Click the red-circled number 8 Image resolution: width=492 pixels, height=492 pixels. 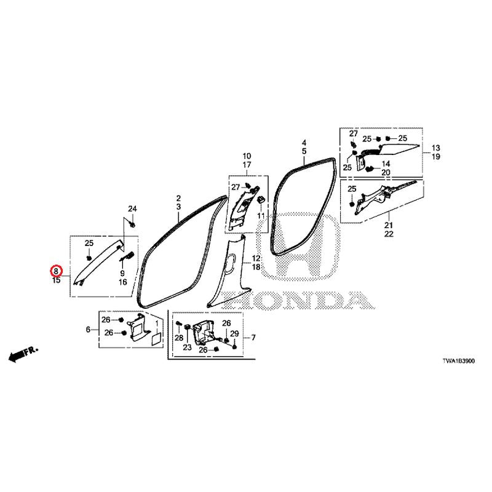(x=56, y=271)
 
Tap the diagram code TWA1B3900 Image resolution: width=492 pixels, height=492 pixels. (x=459, y=361)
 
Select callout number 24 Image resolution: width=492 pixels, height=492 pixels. (x=132, y=208)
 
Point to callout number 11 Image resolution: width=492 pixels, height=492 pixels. (x=261, y=216)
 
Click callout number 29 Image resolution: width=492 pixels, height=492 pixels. (x=234, y=334)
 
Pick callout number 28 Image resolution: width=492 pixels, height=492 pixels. (x=179, y=338)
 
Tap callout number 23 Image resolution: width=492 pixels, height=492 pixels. (x=187, y=347)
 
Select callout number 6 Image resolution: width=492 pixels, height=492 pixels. (x=88, y=330)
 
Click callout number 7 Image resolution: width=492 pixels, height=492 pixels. (x=253, y=337)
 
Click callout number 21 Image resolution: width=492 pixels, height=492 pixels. (x=389, y=225)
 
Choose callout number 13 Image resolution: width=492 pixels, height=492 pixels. (x=436, y=148)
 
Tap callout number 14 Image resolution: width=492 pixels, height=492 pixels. (x=386, y=164)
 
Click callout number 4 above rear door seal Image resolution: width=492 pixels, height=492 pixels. (x=304, y=143)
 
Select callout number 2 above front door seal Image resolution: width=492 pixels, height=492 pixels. (x=178, y=198)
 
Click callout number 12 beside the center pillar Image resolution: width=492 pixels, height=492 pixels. (x=256, y=258)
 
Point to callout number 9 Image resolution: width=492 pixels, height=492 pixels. (x=122, y=273)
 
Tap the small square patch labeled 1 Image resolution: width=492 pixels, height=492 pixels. (x=156, y=339)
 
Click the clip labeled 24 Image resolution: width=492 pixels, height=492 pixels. (x=132, y=224)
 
